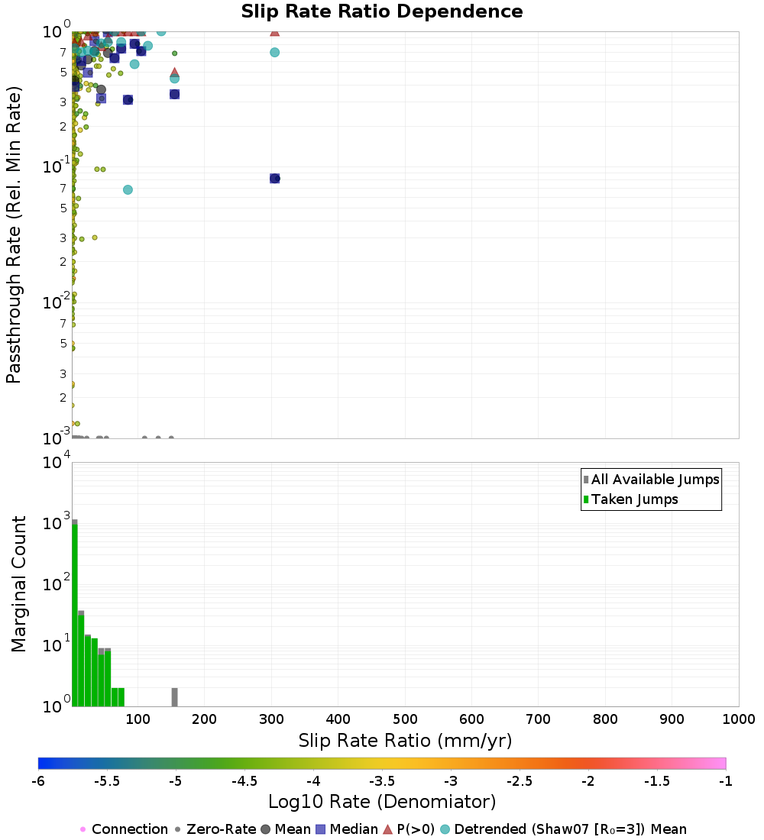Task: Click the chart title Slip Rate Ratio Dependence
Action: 382,12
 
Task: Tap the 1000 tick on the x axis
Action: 738,719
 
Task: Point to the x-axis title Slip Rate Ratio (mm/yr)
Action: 405,741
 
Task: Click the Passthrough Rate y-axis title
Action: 14,234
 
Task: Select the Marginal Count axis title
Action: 18,584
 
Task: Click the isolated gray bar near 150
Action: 174,697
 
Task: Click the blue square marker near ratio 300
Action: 274,178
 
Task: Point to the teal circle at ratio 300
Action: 274,52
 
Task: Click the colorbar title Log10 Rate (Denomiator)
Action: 382,802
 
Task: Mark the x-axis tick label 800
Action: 605,719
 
